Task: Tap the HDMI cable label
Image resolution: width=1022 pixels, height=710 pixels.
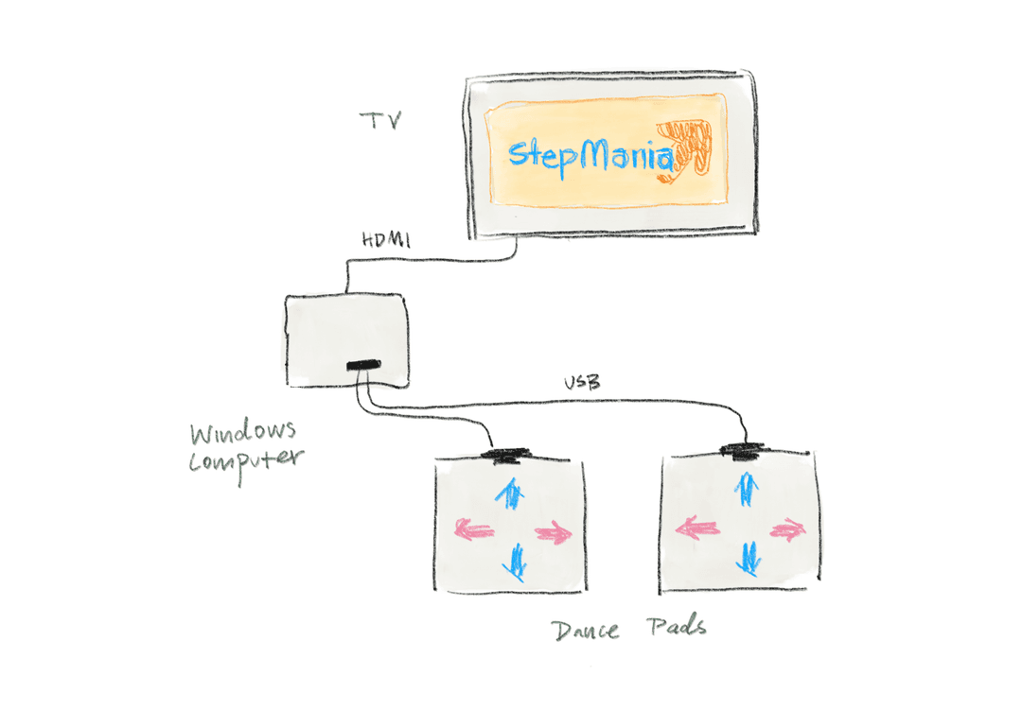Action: pos(386,240)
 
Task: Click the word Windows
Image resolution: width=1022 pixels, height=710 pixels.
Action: pos(243,434)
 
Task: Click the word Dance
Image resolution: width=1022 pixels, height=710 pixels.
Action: pos(586,630)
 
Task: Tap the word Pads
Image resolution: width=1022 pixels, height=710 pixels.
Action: pos(677,626)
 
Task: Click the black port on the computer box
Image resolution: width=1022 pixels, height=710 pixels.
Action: pos(362,365)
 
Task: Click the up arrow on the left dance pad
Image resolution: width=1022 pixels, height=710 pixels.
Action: pos(510,494)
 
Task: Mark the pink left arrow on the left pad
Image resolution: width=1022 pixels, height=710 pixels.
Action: pos(472,531)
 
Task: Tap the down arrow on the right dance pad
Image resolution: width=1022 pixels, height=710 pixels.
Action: pos(749,558)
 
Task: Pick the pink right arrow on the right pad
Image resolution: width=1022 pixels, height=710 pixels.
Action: pos(786,529)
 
